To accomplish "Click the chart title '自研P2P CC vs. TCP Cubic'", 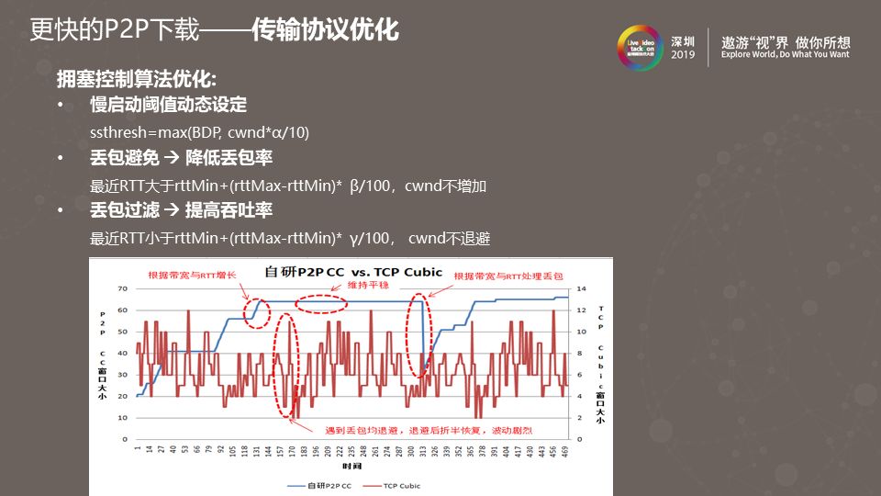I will click(353, 272).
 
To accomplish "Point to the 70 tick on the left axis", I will click(122, 288).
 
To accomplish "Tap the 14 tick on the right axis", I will click(580, 288).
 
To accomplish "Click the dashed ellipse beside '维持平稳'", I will click(321, 303).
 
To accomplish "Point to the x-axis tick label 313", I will click(424, 451).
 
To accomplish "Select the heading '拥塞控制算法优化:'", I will click(136, 78).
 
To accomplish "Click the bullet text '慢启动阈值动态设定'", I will click(168, 105).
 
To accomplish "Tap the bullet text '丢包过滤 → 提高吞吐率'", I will click(181, 211).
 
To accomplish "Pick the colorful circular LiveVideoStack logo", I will click(641, 48).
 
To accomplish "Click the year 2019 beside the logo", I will click(684, 56).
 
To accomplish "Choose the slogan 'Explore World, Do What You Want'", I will click(786, 55).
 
